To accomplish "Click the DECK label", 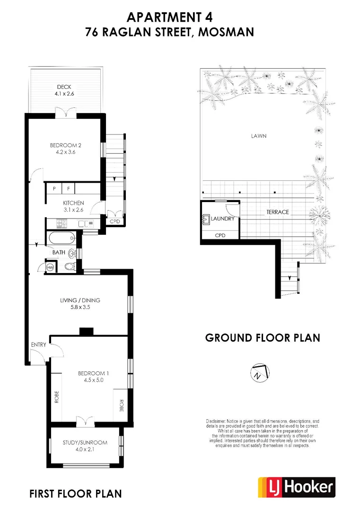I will coord(64,87).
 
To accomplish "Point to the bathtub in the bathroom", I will coord(60,238).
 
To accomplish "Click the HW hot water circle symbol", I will coord(50,268).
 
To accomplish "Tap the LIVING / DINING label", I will coord(80,300).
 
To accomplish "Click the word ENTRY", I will coord(39,344).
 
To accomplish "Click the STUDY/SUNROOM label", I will coord(85,442).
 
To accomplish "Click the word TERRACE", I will coord(277,212).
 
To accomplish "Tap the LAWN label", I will coord(259,136).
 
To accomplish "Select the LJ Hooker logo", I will coord(296,487).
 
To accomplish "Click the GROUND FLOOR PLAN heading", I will coord(263,338).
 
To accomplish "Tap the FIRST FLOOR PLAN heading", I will coord(76,494).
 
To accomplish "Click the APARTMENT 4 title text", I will coord(169,17).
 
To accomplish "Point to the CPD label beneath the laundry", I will coord(220,235).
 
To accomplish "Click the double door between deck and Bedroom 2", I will coord(64,114).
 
